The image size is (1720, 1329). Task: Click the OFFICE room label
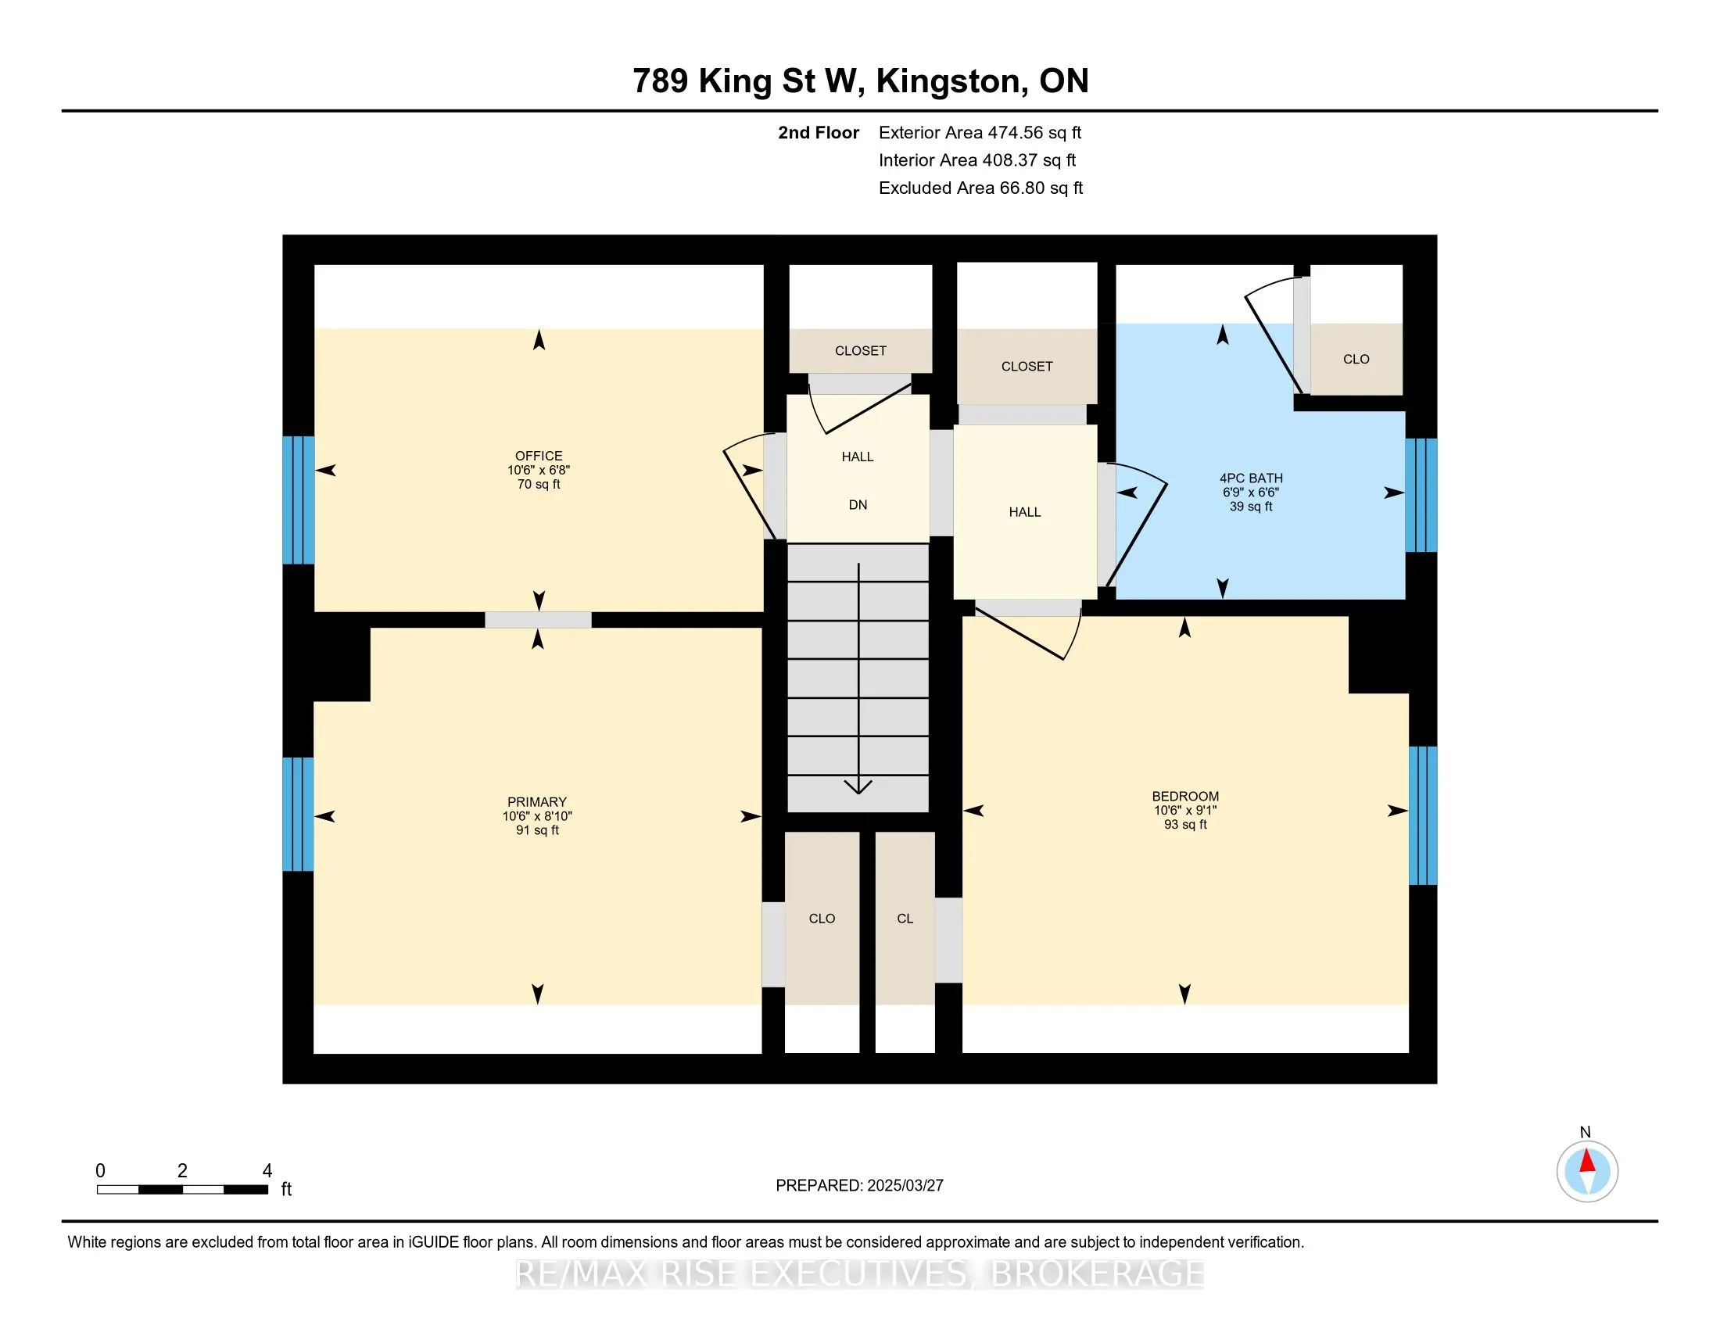pos(539,456)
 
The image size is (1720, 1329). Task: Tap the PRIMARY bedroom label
pos(537,802)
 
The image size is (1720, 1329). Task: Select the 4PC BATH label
pos(1251,478)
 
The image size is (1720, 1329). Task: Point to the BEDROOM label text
pos(1185,796)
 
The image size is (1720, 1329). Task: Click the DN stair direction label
pos(858,505)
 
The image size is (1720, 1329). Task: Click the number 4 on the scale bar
pos(267,1171)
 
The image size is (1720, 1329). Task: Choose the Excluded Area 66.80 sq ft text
pos(980,188)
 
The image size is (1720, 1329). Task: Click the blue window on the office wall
pos(299,500)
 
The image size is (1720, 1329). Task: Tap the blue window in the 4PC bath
pos(1421,495)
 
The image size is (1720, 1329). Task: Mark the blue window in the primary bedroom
pos(298,814)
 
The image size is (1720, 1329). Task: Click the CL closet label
pos(905,919)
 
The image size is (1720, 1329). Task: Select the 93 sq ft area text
pos(1185,824)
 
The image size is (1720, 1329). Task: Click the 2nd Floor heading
pos(819,133)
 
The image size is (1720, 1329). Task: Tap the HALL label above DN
pos(858,457)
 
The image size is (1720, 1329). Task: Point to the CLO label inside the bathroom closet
pos(1356,359)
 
